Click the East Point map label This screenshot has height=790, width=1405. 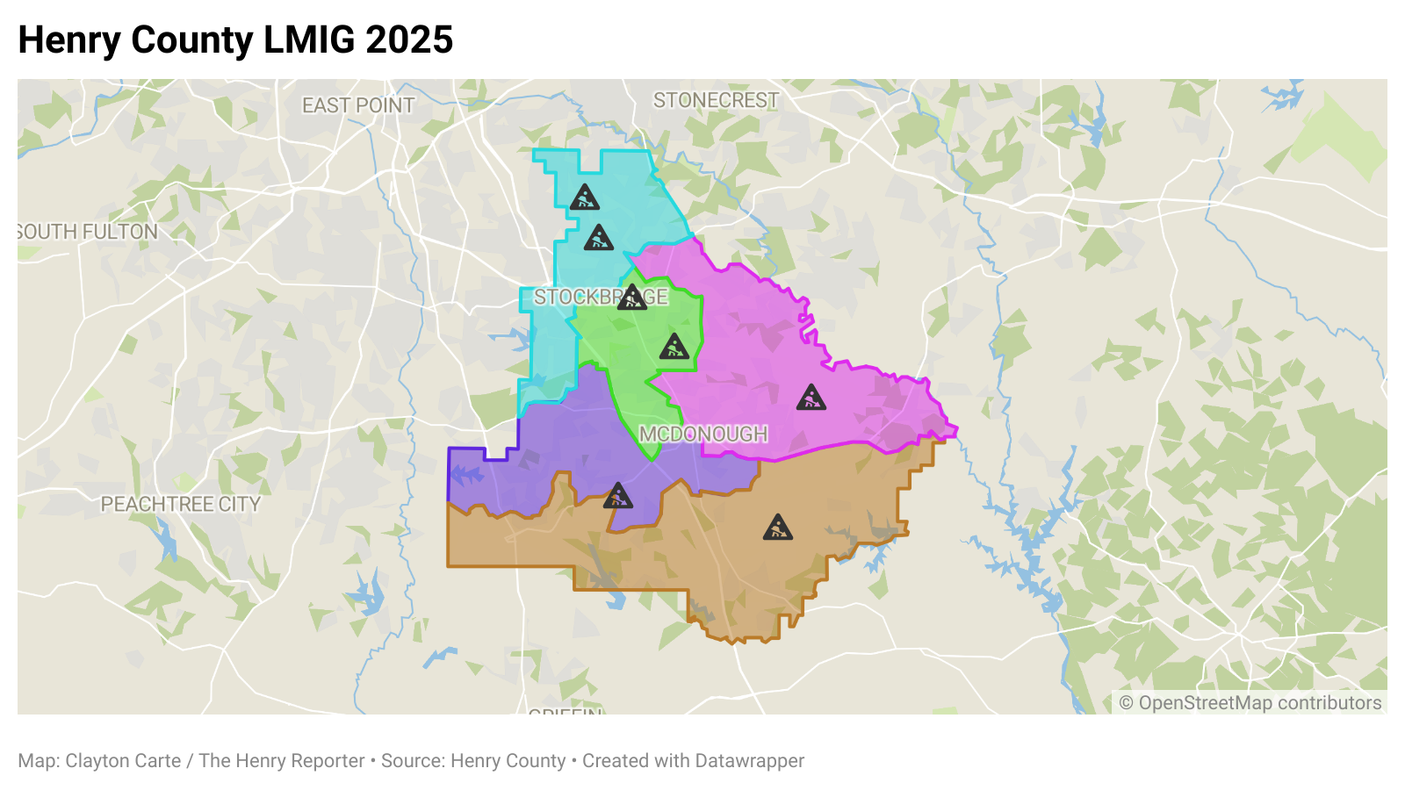point(357,105)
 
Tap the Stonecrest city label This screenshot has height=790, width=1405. point(716,101)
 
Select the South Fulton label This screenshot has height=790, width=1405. point(88,232)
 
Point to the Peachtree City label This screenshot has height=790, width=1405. point(180,505)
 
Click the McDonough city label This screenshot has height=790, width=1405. point(703,434)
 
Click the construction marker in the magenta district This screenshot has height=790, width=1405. point(811,399)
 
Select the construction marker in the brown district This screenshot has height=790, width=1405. point(777,528)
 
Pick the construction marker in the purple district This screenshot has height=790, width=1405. point(617,497)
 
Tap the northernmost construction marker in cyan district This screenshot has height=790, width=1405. point(584,198)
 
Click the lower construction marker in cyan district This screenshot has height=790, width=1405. point(599,238)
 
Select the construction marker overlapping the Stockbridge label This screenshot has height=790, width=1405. point(631,298)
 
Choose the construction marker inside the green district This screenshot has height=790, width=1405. point(674,348)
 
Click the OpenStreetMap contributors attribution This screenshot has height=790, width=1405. point(1250,703)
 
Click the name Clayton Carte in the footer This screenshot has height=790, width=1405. point(123,761)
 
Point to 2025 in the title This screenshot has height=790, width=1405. point(409,40)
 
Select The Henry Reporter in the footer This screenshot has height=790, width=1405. point(281,761)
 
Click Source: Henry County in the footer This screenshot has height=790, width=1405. point(473,761)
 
